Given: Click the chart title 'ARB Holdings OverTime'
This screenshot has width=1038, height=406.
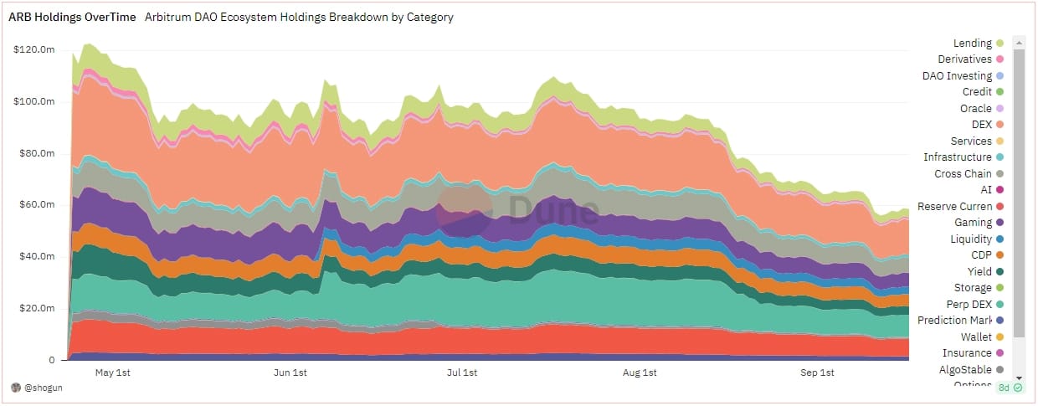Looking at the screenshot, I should tap(71, 16).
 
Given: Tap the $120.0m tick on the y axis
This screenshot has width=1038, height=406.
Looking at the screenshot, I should tap(34, 49).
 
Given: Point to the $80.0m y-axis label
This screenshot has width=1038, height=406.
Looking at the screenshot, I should tap(36, 153).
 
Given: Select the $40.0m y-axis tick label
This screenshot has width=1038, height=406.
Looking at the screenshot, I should tap(36, 257).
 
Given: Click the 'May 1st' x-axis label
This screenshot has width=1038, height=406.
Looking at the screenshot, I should tap(113, 373).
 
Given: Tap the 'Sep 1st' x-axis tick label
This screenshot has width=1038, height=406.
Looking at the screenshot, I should tap(817, 373).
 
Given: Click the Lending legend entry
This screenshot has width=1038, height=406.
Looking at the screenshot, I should tap(973, 43).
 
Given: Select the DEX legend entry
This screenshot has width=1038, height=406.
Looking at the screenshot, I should tap(981, 125).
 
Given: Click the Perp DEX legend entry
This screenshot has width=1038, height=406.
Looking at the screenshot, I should tap(969, 304).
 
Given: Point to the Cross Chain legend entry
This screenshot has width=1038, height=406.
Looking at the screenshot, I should tap(963, 173).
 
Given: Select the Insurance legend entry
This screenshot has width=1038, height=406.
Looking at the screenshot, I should tap(967, 353).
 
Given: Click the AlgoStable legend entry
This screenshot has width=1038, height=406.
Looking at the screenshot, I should tap(965, 369).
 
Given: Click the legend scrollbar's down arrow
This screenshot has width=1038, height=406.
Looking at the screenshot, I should tap(1019, 378).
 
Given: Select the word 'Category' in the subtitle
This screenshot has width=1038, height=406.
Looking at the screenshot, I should tap(427, 16).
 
